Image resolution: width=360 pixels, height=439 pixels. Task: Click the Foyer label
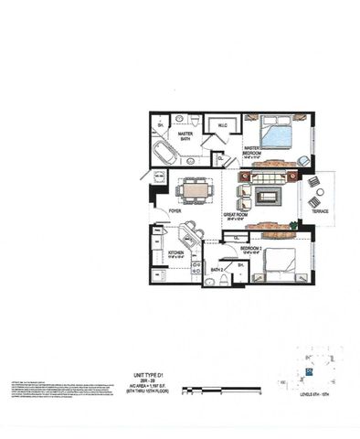(175, 211)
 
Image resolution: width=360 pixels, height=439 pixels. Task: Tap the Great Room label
(237, 216)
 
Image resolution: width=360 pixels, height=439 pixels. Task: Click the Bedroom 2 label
(253, 247)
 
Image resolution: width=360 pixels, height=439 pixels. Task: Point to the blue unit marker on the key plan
(309, 372)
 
